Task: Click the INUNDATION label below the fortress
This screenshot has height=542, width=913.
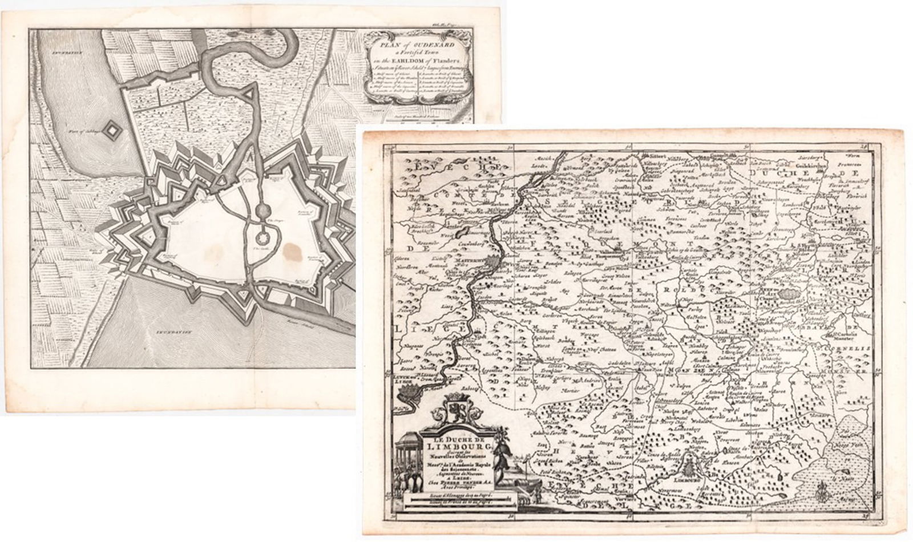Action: pos(173,330)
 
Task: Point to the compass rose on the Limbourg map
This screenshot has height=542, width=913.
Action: pos(822,489)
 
